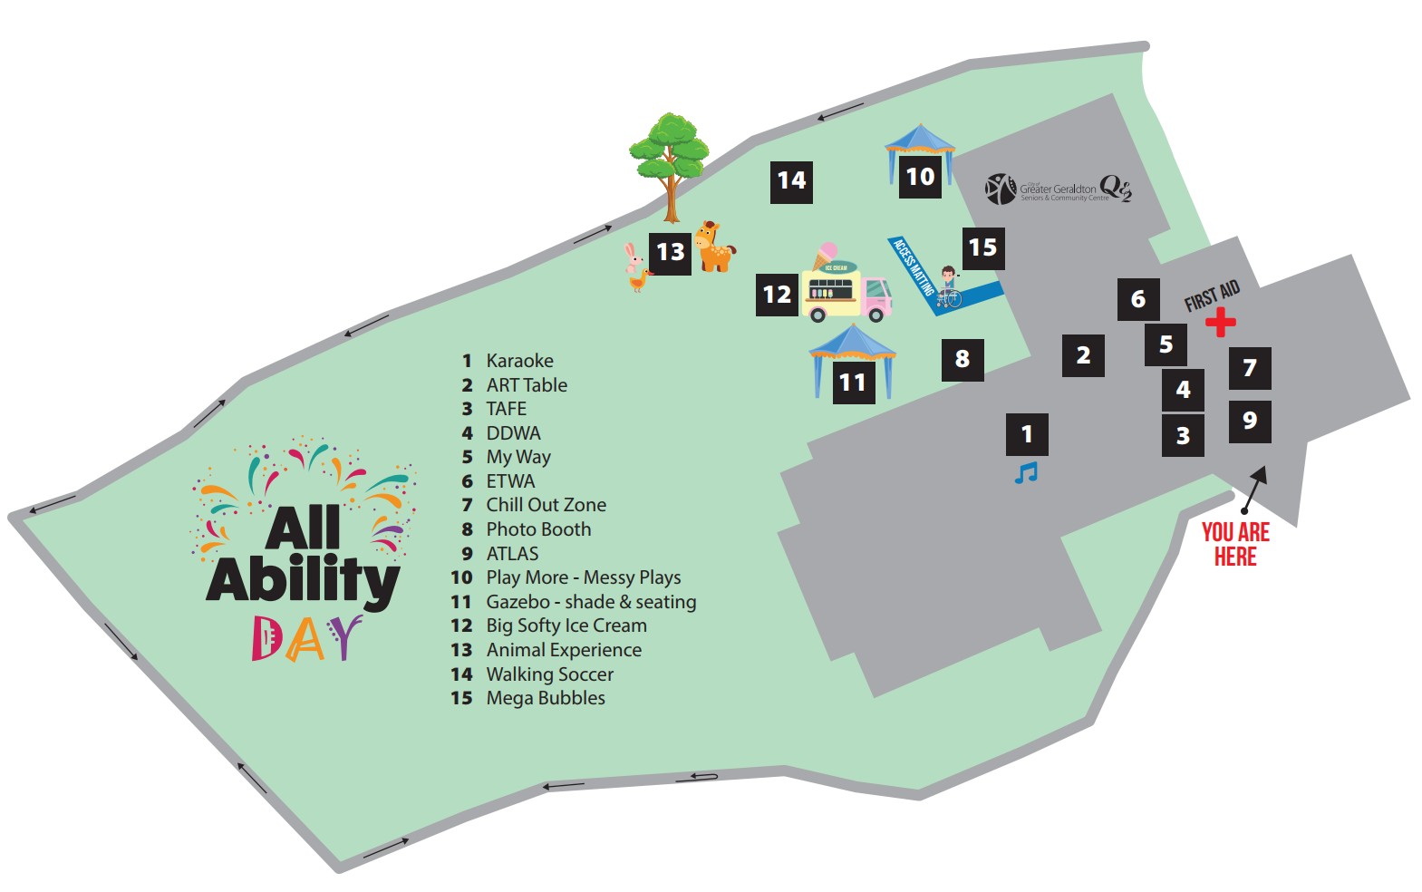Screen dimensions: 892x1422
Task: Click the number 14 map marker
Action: (x=791, y=180)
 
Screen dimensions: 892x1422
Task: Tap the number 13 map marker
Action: (x=670, y=252)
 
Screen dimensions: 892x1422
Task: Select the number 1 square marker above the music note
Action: (x=1027, y=434)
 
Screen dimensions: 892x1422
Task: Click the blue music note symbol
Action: (x=1026, y=473)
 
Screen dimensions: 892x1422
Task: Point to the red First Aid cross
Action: (x=1220, y=322)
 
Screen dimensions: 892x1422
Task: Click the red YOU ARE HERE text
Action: (x=1235, y=544)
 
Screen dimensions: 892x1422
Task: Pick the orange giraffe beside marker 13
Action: (x=714, y=247)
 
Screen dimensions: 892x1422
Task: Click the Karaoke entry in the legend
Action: (x=519, y=361)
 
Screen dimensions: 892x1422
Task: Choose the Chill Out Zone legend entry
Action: (x=546, y=505)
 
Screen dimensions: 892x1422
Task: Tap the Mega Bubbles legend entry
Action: (x=545, y=698)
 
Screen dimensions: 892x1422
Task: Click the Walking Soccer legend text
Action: (x=549, y=674)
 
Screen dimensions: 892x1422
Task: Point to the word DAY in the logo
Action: (x=306, y=638)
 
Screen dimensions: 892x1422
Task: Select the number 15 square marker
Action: (x=982, y=247)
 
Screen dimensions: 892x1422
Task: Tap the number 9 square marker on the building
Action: (x=1250, y=421)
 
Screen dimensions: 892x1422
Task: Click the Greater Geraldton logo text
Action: (x=1058, y=190)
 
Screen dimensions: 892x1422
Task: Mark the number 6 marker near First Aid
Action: (x=1138, y=299)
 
